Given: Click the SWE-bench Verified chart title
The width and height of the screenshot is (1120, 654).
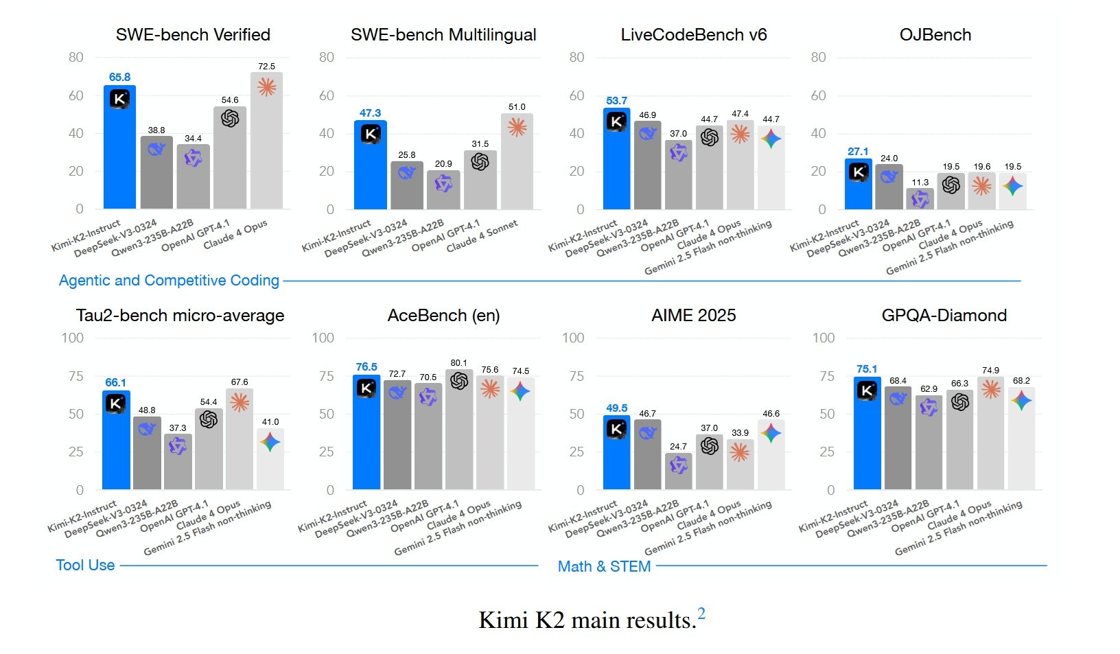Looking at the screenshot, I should coord(193,35).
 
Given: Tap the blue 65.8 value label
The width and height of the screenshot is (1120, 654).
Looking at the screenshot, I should coord(119,77).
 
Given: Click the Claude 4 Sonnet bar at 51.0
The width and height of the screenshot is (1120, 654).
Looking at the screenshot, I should coord(517,161).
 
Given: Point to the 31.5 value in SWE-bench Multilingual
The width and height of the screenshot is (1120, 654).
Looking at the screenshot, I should coord(480,144).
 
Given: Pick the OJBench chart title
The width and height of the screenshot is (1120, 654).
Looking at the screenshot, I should coord(935,35).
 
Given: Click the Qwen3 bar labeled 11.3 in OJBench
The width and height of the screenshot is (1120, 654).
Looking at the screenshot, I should coord(920,198).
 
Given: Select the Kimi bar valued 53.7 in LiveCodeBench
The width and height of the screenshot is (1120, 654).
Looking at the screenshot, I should coord(616,159).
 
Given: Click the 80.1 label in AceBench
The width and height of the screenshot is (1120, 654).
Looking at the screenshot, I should coord(459,363).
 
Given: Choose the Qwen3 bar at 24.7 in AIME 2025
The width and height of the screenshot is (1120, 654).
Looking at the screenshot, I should coord(678,471).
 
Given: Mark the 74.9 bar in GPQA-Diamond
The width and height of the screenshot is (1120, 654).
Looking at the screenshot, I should coord(990,433).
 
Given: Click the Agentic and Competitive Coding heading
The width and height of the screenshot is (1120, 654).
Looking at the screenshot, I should coord(169,281).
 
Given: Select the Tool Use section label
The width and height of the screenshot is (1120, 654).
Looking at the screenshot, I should coord(85,565).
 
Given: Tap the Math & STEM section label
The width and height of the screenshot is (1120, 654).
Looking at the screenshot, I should coord(604,567).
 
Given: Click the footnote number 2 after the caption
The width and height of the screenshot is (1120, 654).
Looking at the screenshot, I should coord(701,614).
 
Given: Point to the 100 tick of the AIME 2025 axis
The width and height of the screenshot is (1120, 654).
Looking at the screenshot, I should coord(573,338).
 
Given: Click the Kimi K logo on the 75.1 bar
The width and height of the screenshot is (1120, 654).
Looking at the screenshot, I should coord(867,390).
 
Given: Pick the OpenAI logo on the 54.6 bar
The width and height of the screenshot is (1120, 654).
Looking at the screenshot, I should coord(230,119).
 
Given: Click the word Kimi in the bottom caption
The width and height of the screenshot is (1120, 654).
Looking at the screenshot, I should coord(503,620).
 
